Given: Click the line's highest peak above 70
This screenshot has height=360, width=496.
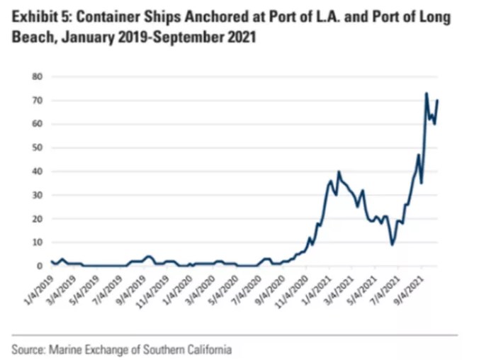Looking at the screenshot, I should (x=426, y=93).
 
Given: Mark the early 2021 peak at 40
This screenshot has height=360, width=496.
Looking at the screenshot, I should (x=339, y=171).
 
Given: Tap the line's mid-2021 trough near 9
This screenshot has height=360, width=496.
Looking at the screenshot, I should (x=392, y=244).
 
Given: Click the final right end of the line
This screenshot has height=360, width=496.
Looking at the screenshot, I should (x=437, y=100).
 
